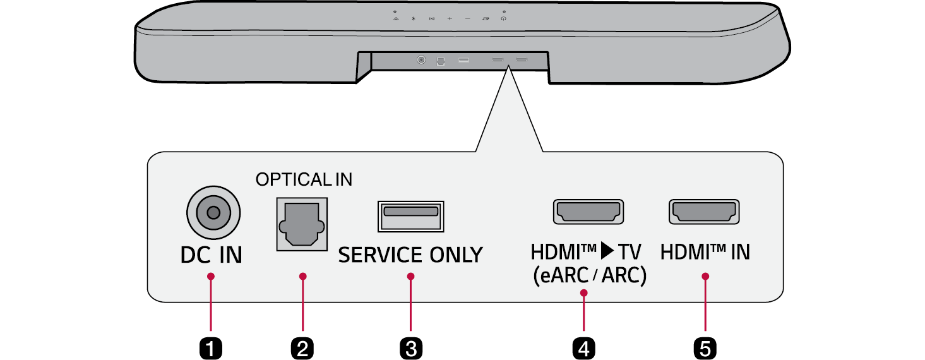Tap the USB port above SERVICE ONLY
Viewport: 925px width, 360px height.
410,216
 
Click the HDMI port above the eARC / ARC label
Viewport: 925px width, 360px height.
588,212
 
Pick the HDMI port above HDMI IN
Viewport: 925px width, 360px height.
704,212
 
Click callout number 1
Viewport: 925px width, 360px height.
211,347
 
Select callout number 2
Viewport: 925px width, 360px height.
302,347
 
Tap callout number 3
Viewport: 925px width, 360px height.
410,347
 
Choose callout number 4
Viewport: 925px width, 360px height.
584,347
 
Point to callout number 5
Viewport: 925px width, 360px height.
705,347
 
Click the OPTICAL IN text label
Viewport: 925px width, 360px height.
304,180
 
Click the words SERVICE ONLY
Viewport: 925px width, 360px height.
410,255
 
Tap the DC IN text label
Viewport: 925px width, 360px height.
212,255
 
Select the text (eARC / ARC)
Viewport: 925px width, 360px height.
588,276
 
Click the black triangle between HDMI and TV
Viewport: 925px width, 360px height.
607,252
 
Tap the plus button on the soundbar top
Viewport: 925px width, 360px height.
450,19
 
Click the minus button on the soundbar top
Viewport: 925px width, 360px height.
467,19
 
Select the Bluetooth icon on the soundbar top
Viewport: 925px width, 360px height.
413,19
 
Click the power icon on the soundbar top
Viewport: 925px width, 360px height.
503,19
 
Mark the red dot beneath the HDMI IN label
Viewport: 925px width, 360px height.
705,277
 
